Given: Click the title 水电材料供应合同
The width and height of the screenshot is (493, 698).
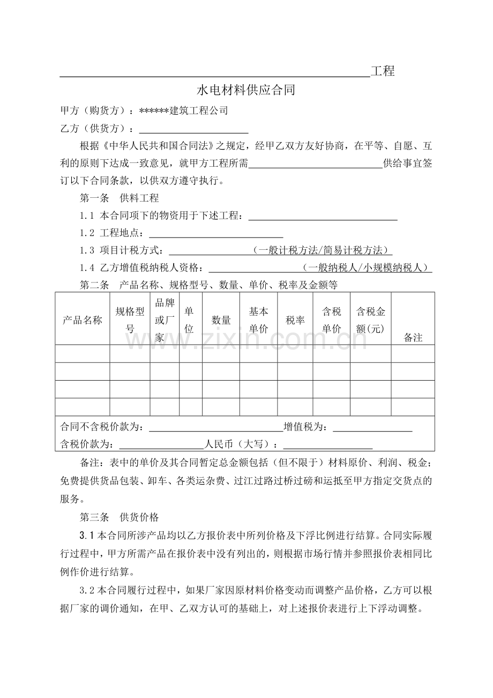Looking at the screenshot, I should (246, 90).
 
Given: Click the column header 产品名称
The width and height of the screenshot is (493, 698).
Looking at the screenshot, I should (83, 320).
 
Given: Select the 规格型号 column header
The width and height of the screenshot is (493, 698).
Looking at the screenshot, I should (130, 320).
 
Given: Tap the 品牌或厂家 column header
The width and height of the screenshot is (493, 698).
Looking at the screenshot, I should (165, 320).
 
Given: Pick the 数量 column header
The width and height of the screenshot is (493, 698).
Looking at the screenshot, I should (221, 320).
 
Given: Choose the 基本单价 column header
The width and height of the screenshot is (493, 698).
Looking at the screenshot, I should (258, 320).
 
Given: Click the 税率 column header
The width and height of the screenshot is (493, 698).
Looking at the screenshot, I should (295, 320).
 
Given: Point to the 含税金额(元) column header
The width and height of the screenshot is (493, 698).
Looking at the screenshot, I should (371, 320).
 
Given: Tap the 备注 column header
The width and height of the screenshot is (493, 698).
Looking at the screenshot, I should (413, 337).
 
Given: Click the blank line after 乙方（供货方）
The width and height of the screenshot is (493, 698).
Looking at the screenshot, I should (193, 129).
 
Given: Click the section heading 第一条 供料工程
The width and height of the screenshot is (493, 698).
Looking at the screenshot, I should (119, 198).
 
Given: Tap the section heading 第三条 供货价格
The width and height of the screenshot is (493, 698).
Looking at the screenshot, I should (119, 517).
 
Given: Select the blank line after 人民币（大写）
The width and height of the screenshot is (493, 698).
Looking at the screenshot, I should (327, 444).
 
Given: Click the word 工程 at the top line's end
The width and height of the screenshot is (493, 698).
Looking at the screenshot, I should (383, 71).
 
